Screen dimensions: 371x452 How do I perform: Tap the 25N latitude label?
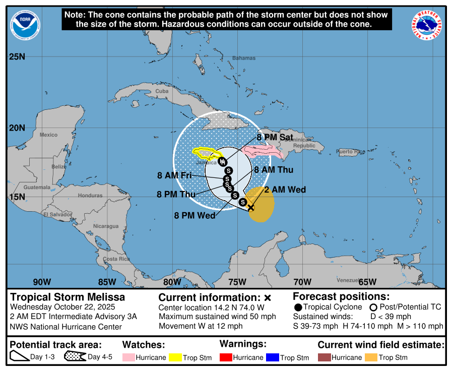click(17, 56)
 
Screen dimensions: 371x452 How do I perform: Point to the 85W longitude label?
click(107, 282)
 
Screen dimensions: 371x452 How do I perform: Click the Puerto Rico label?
click(351, 152)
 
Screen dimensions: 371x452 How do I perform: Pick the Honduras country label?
click(90, 196)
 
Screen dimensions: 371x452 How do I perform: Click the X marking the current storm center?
click(251, 207)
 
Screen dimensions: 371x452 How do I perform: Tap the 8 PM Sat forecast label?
click(275, 137)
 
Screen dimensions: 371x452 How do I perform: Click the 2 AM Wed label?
click(285, 190)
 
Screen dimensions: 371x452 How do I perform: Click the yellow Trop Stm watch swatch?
click(175, 357)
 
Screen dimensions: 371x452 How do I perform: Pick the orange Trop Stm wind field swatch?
click(371, 357)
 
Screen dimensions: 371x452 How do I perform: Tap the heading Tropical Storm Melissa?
click(68, 297)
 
